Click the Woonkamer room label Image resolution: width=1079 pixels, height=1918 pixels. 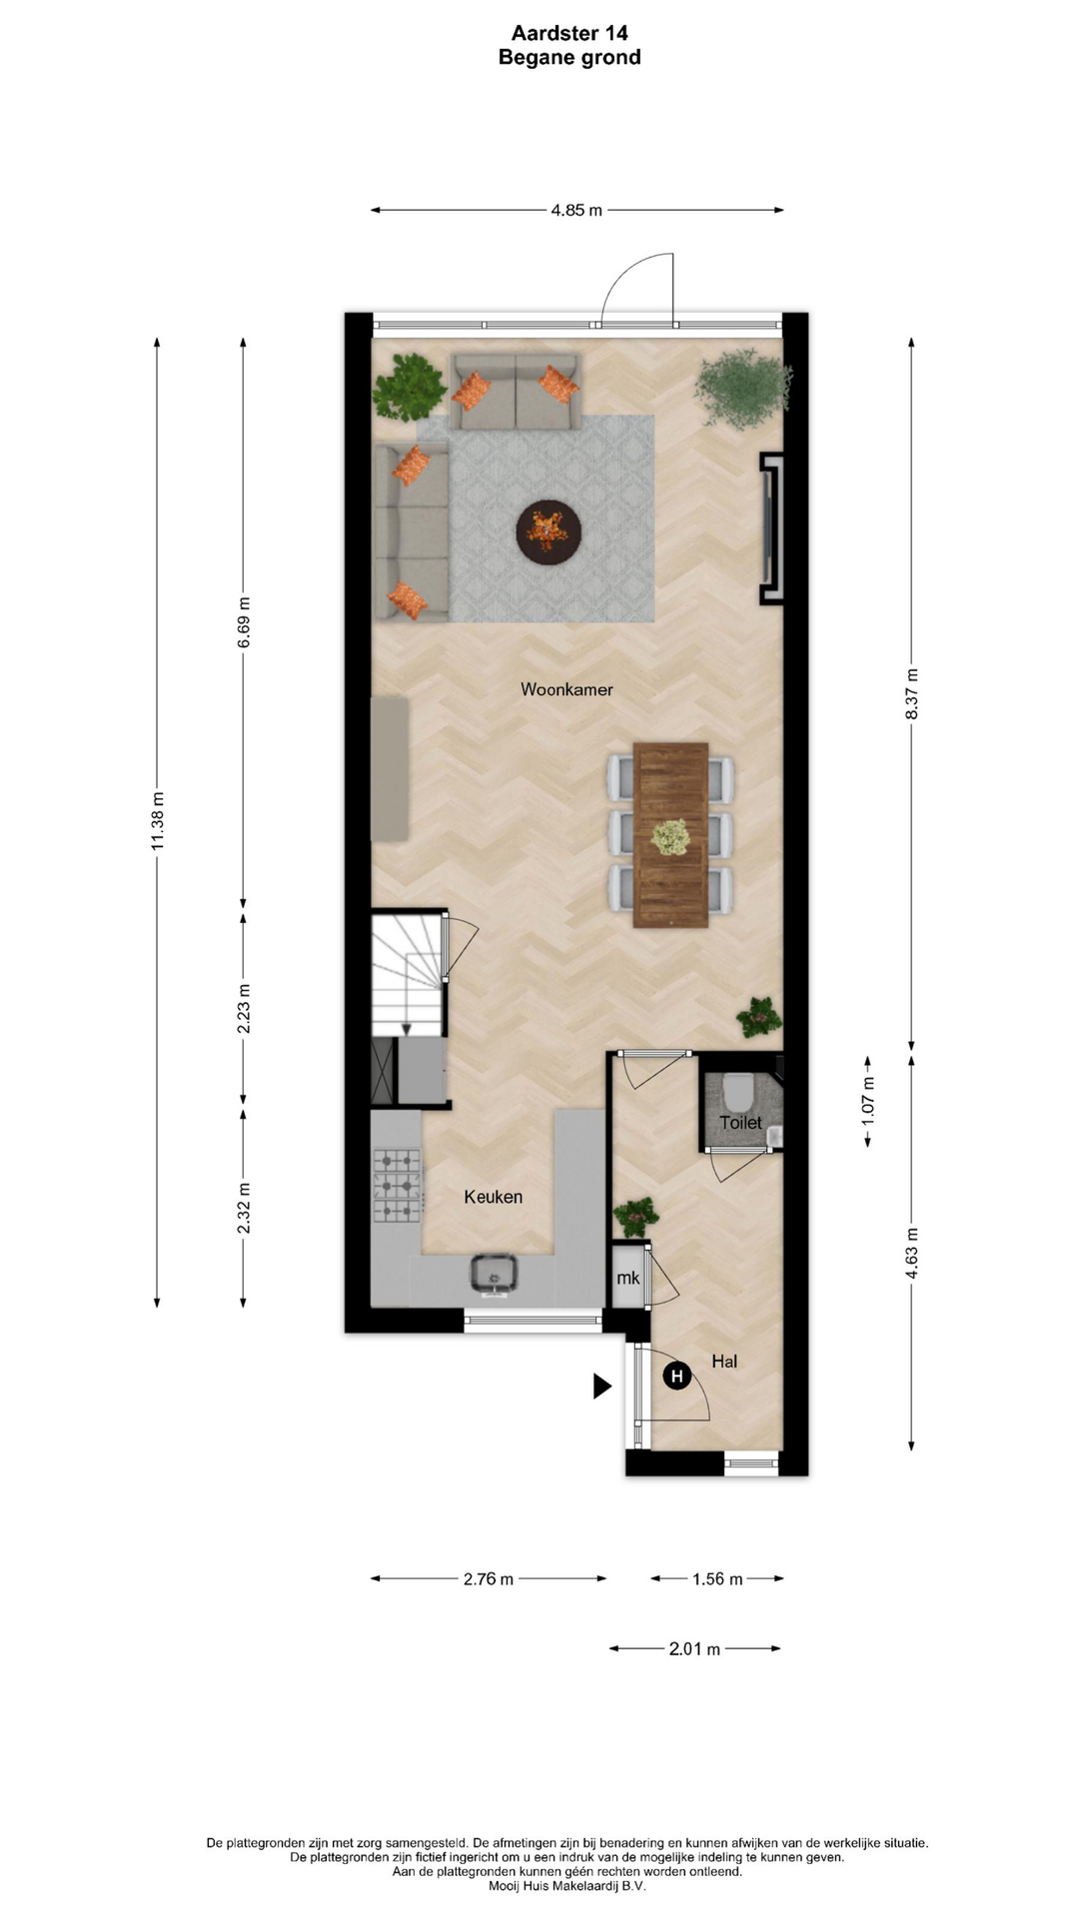click(x=566, y=689)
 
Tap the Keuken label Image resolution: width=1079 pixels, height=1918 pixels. click(x=494, y=1197)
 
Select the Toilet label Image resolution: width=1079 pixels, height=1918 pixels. click(x=740, y=1123)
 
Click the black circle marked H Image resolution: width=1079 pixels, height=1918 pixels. click(x=677, y=1377)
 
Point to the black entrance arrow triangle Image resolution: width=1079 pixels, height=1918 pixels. click(x=602, y=1386)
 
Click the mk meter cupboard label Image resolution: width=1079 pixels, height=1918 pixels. click(x=627, y=1279)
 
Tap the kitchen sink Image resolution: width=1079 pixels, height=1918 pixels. click(x=494, y=1274)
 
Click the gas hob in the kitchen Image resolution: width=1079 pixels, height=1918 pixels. click(x=398, y=1186)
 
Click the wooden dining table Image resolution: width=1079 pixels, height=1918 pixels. click(x=670, y=835)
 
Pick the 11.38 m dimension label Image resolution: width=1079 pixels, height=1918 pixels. click(x=157, y=822)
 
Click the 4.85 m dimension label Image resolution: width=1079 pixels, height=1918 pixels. click(x=576, y=211)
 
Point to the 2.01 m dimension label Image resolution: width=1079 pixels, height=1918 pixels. click(x=694, y=1649)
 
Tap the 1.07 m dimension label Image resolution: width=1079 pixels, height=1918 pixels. click(x=867, y=1102)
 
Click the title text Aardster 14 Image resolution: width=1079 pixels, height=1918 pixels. click(x=569, y=34)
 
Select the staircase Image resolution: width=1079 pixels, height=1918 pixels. click(x=408, y=974)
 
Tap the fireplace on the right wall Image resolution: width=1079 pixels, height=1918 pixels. click(x=771, y=529)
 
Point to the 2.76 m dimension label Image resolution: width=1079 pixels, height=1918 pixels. click(x=489, y=1579)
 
